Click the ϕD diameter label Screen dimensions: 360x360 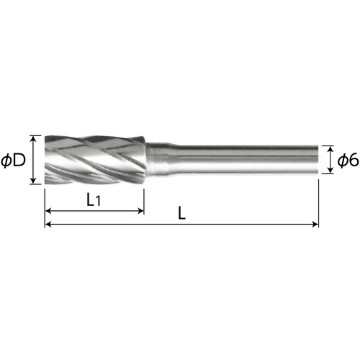(x=13, y=161)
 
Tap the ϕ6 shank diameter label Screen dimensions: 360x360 (x=348, y=161)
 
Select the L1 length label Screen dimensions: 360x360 (x=94, y=200)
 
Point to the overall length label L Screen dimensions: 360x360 (x=182, y=213)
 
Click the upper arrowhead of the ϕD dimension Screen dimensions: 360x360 (x=34, y=138)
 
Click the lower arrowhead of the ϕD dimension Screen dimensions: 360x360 (x=34, y=181)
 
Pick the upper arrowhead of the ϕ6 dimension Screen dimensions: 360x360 (x=330, y=149)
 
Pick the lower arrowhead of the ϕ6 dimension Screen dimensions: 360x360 (x=330, y=170)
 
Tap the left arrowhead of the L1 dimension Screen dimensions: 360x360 (x=48, y=211)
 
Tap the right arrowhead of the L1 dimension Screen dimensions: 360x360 (x=140, y=211)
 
